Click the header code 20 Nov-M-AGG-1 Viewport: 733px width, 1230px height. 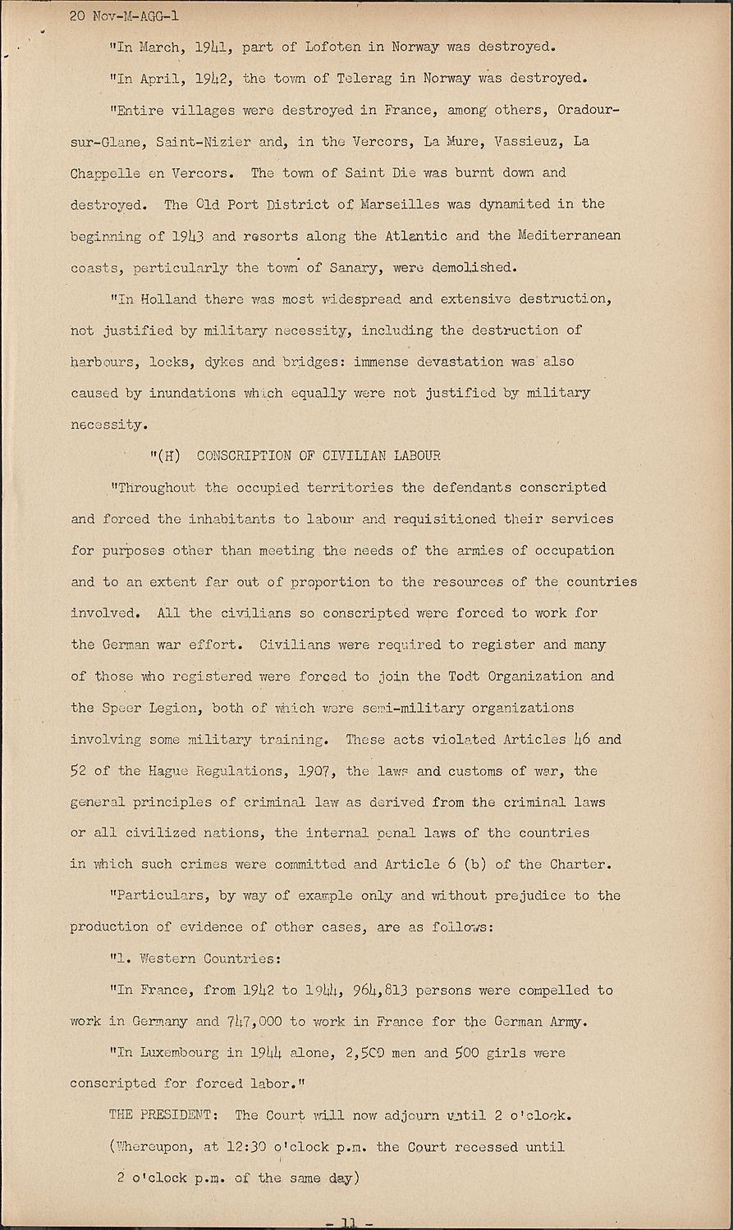125,16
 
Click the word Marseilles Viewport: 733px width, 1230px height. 399,204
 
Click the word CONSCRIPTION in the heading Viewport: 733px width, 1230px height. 244,456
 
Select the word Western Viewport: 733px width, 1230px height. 167,959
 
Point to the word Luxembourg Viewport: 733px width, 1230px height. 183,1053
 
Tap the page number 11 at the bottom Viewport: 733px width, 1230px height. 349,1223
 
